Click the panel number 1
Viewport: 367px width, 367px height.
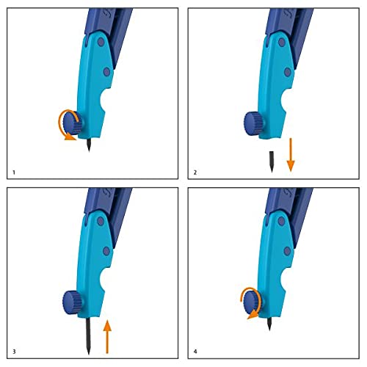14,172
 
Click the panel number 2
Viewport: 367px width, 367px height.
195,172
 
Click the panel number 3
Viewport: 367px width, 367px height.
14,352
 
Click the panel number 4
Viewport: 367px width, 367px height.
195,352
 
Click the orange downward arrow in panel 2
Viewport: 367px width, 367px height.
291,156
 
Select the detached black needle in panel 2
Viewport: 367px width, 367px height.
271,160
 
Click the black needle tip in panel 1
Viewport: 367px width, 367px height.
89,144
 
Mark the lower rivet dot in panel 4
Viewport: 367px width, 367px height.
287,252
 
